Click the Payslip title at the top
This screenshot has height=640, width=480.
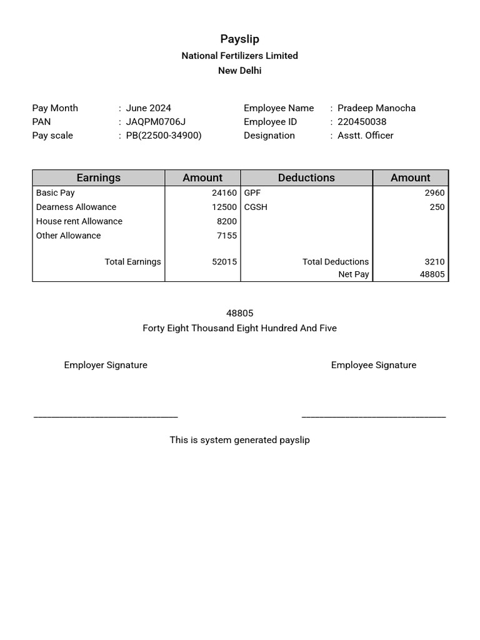(x=239, y=39)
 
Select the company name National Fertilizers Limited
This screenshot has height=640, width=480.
(x=239, y=56)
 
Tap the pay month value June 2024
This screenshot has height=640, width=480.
(x=148, y=108)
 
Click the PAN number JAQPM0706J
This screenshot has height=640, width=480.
(x=156, y=122)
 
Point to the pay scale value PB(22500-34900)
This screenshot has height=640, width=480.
(x=164, y=136)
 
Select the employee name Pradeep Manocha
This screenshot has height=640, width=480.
(x=376, y=108)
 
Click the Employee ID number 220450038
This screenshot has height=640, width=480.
(x=362, y=122)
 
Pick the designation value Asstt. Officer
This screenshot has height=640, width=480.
(x=366, y=136)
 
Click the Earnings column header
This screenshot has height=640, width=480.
(x=98, y=178)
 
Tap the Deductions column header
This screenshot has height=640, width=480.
(x=306, y=178)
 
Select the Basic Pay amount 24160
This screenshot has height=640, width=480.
(x=224, y=193)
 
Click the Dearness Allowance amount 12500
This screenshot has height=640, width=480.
(x=224, y=207)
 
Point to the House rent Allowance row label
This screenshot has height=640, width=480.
(x=79, y=221)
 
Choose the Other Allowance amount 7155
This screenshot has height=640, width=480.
(x=227, y=236)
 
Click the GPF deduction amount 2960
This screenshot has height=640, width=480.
(x=434, y=193)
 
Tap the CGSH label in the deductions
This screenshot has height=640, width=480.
(x=256, y=207)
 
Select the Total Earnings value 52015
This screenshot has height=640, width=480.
(x=224, y=262)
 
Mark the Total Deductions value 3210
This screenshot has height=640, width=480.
(x=434, y=262)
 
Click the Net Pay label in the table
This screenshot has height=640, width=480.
(x=354, y=274)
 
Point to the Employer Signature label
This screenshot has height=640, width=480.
(x=106, y=365)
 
